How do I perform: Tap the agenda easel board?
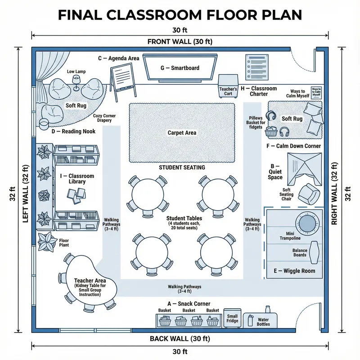pos(122,76)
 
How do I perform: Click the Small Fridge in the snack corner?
pos(232,319)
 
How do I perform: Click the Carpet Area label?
pos(182,133)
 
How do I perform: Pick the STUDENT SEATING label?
pos(182,167)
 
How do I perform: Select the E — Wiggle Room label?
pos(295,271)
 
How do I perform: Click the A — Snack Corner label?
pos(189,304)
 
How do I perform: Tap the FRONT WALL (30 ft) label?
pos(180,42)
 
